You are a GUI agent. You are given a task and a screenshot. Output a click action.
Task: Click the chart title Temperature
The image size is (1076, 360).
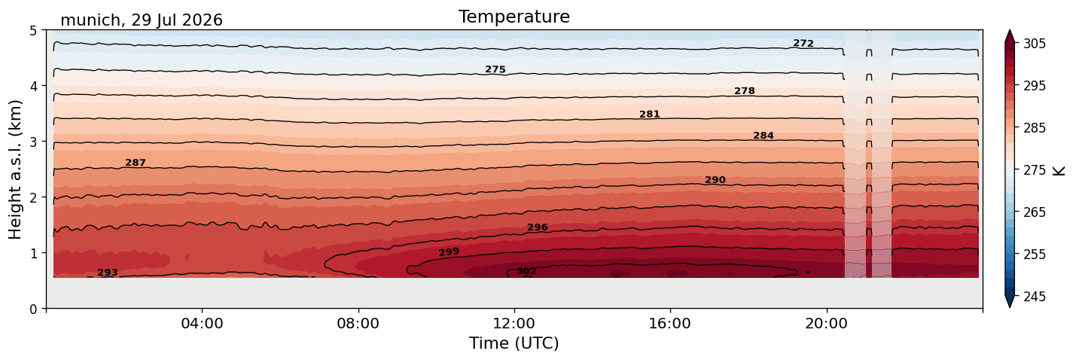pyautogui.click(x=514, y=17)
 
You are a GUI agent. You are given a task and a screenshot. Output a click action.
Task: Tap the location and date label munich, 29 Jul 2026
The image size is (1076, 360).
pyautogui.click(x=142, y=20)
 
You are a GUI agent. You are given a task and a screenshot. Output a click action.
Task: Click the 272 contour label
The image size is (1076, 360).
pyautogui.click(x=803, y=43)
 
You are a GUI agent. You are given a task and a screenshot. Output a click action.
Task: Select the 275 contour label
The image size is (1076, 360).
pyautogui.click(x=495, y=69)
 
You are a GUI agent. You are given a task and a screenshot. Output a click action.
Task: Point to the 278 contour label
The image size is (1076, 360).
pyautogui.click(x=745, y=91)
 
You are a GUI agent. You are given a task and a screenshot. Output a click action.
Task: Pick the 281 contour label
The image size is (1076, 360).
pyautogui.click(x=650, y=114)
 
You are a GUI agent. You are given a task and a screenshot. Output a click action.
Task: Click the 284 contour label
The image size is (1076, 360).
pyautogui.click(x=764, y=136)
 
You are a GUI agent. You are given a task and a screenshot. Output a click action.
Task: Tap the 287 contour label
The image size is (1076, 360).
pyautogui.click(x=136, y=163)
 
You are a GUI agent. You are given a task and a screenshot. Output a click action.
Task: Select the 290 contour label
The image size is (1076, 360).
pyautogui.click(x=715, y=180)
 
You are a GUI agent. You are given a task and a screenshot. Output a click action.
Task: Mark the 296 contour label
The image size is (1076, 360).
pyautogui.click(x=538, y=227)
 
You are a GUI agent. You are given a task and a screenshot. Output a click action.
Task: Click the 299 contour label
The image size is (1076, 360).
pyautogui.click(x=449, y=252)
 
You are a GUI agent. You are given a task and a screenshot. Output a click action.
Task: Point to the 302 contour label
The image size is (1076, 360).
pyautogui.click(x=526, y=271)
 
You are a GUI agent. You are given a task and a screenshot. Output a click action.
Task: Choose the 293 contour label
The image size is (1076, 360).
pyautogui.click(x=108, y=273)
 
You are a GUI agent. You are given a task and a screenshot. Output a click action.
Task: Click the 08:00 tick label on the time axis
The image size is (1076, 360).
pyautogui.click(x=358, y=323)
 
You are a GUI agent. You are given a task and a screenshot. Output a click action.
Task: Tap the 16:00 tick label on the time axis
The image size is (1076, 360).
pyautogui.click(x=670, y=323)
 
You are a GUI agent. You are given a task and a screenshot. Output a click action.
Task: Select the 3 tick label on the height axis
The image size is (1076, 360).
pyautogui.click(x=33, y=142)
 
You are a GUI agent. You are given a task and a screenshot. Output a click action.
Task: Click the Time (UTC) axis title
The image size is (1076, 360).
pyautogui.click(x=514, y=343)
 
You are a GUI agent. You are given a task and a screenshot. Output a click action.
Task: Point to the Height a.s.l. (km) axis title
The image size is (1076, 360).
pyautogui.click(x=15, y=169)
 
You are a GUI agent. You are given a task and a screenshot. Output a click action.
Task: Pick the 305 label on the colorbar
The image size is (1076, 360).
pyautogui.click(x=1035, y=44)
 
